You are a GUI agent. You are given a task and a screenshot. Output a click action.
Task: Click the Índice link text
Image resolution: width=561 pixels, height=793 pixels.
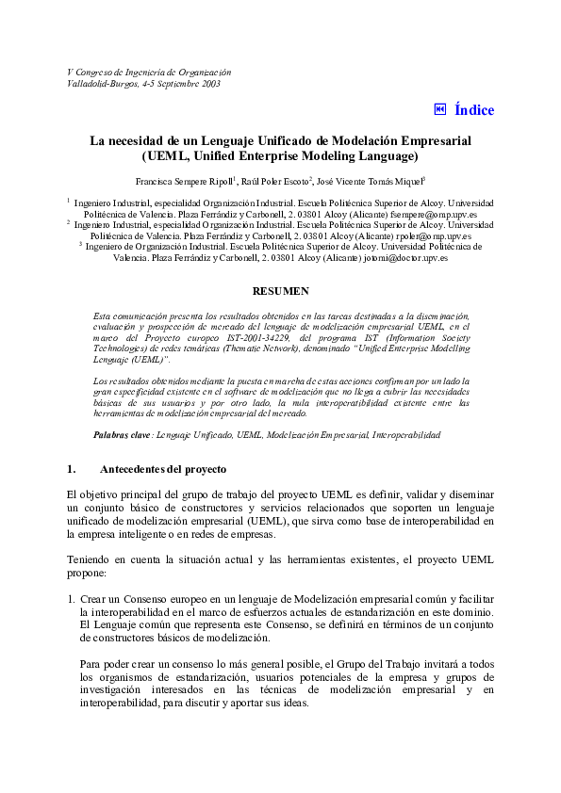point(473,110)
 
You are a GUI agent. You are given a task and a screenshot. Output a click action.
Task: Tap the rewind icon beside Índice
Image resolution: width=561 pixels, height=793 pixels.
point(439,109)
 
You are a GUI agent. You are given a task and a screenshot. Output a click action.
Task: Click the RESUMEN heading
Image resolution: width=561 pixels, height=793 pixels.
point(280,291)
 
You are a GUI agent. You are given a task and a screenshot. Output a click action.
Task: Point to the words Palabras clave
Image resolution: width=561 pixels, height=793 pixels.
point(122,435)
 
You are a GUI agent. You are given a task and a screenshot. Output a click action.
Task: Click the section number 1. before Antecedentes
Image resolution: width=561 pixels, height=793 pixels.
point(72,468)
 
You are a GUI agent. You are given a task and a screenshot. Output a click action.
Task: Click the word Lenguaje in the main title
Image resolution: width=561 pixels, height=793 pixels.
point(239,139)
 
